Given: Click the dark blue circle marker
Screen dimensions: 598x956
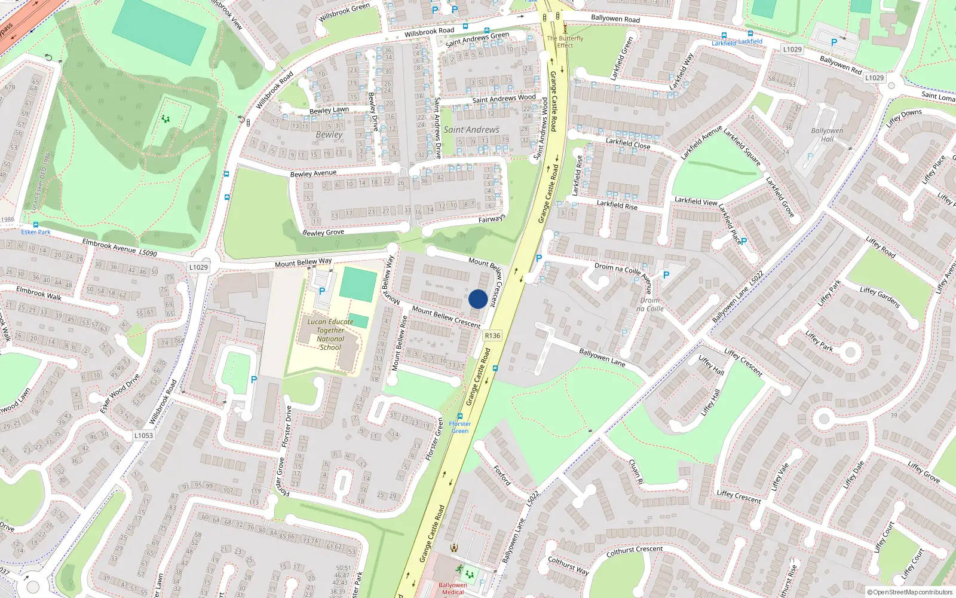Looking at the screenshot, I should (478, 299).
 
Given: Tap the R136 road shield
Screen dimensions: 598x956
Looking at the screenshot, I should (492, 335).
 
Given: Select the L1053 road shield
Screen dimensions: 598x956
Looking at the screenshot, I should (143, 435).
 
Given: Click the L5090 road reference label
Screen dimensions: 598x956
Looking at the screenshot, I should (148, 254).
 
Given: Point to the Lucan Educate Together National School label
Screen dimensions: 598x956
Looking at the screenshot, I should (330, 334).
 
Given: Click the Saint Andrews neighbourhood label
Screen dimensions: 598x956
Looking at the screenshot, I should (471, 130).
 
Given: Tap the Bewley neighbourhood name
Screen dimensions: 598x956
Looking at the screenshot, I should (329, 135).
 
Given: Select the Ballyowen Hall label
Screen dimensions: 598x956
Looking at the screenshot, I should (827, 135).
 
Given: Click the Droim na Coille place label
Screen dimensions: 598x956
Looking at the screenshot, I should (650, 304).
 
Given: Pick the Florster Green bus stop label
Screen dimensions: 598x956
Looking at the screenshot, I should (460, 427).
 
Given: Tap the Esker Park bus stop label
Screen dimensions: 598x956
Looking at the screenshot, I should (36, 232).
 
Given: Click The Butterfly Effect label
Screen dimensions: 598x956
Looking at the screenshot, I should (565, 42).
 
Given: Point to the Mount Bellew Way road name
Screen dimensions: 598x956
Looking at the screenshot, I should (303, 263).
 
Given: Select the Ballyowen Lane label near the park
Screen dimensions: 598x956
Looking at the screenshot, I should (602, 357).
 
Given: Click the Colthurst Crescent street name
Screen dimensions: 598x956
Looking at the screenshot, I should (634, 551).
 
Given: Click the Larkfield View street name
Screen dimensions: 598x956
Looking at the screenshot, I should (695, 202).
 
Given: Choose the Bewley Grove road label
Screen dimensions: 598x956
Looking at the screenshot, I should (323, 233).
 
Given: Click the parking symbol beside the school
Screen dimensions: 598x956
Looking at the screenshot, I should (322, 291).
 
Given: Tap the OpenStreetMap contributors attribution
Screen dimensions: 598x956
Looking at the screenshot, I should (912, 593).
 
